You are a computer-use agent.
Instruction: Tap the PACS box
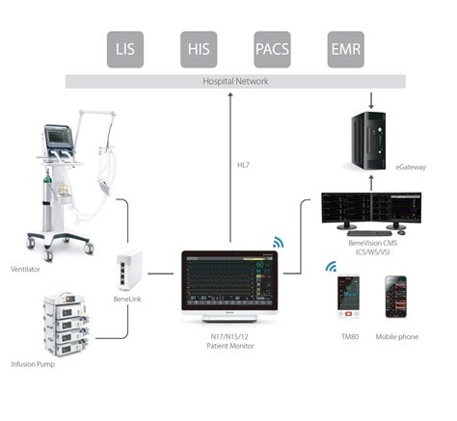pos(271,48)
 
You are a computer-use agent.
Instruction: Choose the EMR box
pos(345,48)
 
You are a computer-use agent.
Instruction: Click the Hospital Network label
pos(235,82)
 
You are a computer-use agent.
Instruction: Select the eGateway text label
pos(410,168)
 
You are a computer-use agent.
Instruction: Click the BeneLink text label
pos(128,301)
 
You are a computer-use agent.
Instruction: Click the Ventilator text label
pos(27,269)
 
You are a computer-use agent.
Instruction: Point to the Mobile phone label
pos(396,336)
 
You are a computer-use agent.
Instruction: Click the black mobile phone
pos(396,298)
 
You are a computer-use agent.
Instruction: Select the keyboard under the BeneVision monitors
pos(370,232)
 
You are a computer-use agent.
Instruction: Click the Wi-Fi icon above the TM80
pos(331,266)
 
